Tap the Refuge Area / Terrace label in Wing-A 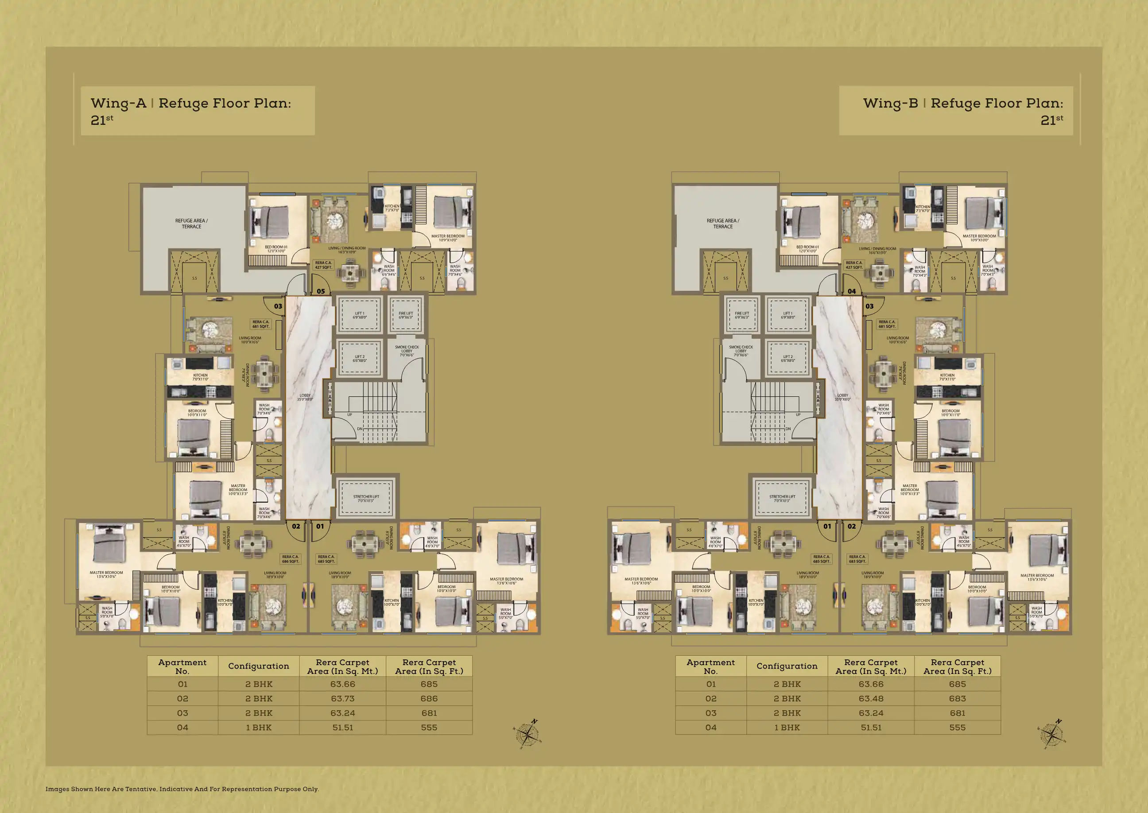(191, 223)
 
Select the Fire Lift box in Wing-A (406, 315)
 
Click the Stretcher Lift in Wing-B (782, 498)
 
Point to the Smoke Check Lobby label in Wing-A (407, 350)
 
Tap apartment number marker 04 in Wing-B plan (852, 291)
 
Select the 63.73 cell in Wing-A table (342, 698)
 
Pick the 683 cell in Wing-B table (957, 698)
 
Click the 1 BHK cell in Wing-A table (258, 728)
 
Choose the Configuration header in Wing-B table (787, 666)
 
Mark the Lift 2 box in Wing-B (787, 358)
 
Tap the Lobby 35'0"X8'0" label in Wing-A (305, 397)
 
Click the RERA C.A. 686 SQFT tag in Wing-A (291, 559)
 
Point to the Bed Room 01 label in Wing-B (807, 248)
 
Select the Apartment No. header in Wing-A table (182, 666)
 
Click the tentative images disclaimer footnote (182, 789)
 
